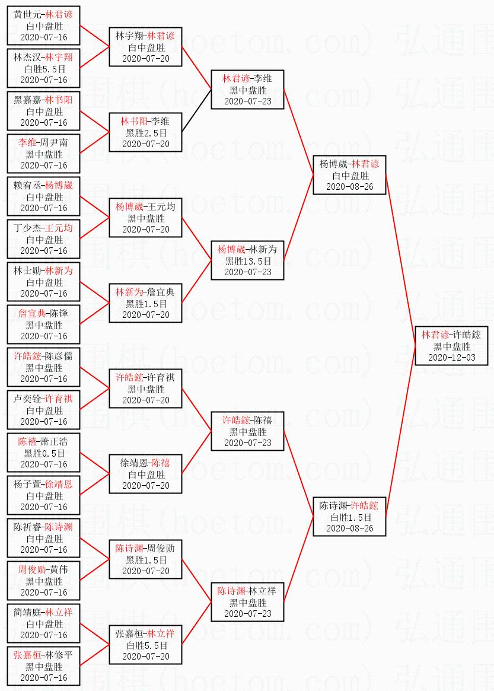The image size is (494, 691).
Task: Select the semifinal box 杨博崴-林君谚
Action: [x=349, y=175]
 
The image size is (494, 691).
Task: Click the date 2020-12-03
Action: [x=451, y=358]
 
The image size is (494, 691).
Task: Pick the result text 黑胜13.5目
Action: [x=247, y=261]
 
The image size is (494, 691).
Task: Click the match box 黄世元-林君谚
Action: [x=43, y=26]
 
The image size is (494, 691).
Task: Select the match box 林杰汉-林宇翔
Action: [x=43, y=68]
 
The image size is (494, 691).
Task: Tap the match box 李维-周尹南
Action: [x=43, y=154]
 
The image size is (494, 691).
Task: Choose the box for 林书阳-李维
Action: [x=145, y=132]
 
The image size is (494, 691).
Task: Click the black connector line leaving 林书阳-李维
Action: [x=196, y=111]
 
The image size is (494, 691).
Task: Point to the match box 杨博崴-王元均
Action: [x=145, y=218]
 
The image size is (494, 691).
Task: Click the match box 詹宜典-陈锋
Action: [x=43, y=324]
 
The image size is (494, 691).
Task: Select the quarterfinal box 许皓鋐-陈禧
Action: [x=247, y=431]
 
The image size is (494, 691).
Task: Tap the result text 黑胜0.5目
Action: [x=44, y=453]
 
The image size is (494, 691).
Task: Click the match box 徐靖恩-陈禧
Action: [x=145, y=474]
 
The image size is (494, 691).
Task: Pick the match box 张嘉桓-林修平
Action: [x=43, y=666]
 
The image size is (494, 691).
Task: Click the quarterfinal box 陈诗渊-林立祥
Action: [x=247, y=602]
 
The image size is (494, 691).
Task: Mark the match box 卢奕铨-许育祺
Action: [x=43, y=410]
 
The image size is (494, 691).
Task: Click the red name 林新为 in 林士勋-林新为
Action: [x=59, y=271]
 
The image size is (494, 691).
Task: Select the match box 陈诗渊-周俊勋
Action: [x=145, y=559]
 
